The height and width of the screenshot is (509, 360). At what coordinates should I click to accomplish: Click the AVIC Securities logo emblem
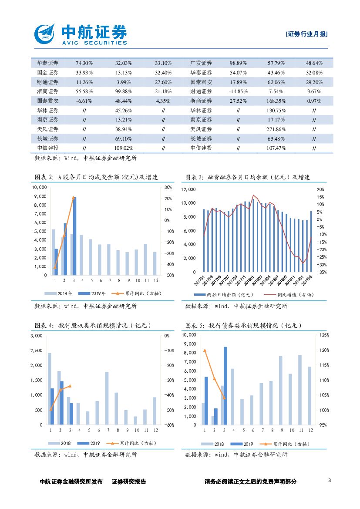pyautogui.click(x=45, y=34)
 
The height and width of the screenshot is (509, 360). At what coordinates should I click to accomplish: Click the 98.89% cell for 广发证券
pyautogui.click(x=238, y=63)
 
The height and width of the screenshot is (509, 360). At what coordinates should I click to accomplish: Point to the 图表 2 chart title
pyautogui.click(x=96, y=177)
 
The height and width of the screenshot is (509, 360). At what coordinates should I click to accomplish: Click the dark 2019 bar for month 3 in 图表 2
pyautogui.click(x=74, y=236)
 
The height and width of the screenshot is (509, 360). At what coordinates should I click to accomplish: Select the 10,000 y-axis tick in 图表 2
pyautogui.click(x=40, y=187)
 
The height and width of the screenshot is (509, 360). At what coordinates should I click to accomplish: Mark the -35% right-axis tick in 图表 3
pyautogui.click(x=320, y=272)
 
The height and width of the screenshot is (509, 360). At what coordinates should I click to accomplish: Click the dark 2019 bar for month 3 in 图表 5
pyautogui.click(x=225, y=386)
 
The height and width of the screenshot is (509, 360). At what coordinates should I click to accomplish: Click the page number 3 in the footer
pyautogui.click(x=330, y=481)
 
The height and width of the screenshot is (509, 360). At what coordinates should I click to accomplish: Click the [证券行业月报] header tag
pyautogui.click(x=306, y=34)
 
